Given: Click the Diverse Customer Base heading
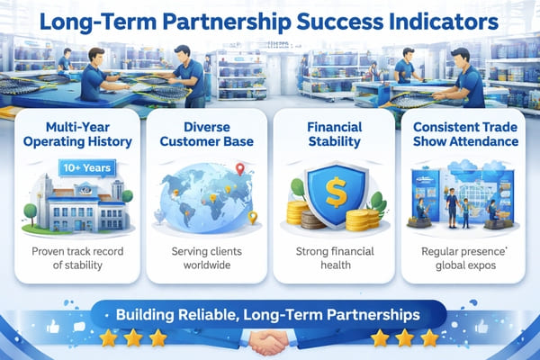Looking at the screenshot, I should tap(205, 133).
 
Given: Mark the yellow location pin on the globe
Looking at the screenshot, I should tap(253, 216).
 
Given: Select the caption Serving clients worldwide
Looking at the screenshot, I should tap(205, 258).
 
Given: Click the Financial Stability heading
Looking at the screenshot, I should tap(335, 133).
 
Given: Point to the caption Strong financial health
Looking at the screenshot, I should tap(335, 258).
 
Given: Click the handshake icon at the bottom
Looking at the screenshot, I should tap(270, 343).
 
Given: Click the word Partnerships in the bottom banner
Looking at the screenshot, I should tap(364, 316).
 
